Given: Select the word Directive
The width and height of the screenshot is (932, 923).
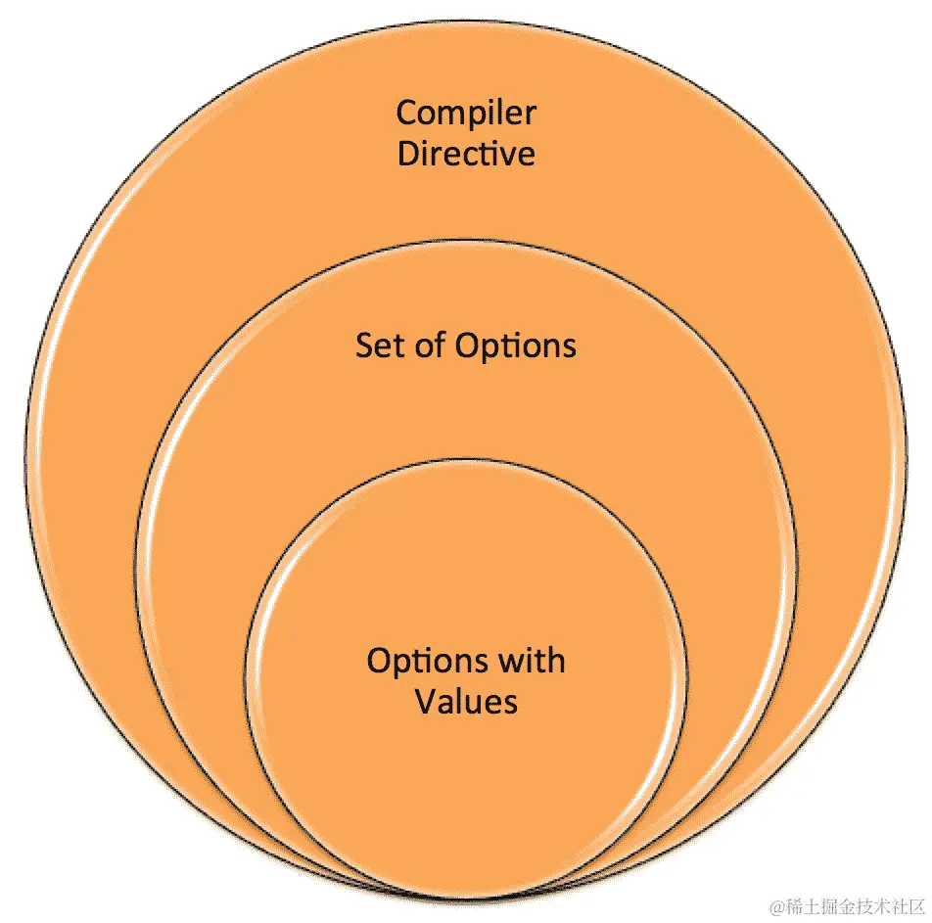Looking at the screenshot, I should pyautogui.click(x=466, y=155).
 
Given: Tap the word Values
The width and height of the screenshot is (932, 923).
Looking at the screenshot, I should pyautogui.click(x=466, y=701).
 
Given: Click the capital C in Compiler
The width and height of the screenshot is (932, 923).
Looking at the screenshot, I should pyautogui.click(x=406, y=114).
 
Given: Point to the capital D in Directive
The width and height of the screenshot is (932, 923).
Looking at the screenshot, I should pyautogui.click(x=406, y=155).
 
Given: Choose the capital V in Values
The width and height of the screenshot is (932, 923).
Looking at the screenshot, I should pyautogui.click(x=424, y=701).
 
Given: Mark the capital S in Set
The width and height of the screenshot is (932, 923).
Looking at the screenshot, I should pyautogui.click(x=363, y=346).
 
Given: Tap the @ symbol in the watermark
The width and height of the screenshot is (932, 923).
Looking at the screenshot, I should pyautogui.click(x=776, y=905).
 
